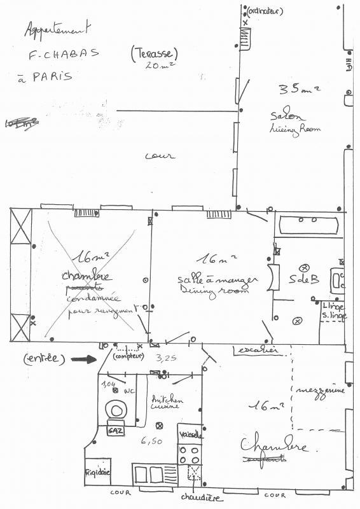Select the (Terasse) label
pos(153,54)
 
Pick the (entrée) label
pos(45,359)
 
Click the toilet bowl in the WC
pos(116,408)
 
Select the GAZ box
pos(116,430)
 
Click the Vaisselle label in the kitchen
pos(190,435)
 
